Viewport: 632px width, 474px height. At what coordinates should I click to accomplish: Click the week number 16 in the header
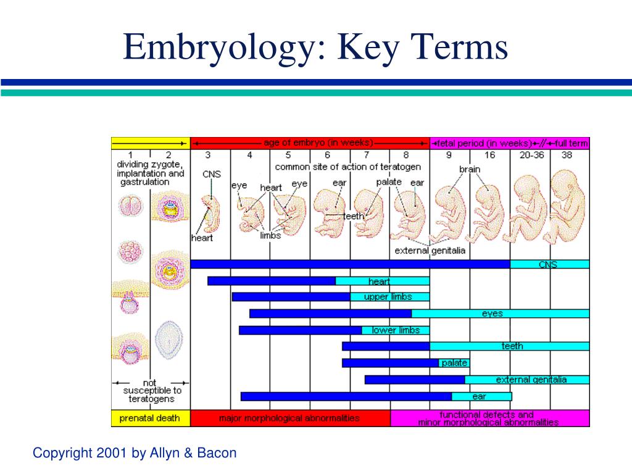pos(489,155)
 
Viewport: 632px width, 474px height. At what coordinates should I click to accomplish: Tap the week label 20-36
pos(531,155)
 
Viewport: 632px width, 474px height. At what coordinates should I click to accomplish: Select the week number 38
pos(567,155)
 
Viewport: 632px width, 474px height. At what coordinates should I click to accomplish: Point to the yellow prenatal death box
pos(151,418)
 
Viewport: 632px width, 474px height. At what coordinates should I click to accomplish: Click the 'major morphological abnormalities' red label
pos(289,418)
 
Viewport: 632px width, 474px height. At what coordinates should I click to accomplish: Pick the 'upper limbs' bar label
pos(388,297)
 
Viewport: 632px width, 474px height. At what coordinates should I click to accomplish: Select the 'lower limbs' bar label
pos(396,331)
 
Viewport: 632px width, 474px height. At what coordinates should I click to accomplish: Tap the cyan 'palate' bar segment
pos(454,363)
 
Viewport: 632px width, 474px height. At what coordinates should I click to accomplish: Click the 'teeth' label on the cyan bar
pos(512,346)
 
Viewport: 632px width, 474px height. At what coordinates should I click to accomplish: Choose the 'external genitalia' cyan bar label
pos(531,380)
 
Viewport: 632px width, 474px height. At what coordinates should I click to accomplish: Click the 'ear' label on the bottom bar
pos(479,397)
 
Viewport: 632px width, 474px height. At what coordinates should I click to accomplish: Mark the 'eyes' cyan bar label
pos(492,314)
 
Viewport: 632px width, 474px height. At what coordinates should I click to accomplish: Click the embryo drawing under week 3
pos(211,212)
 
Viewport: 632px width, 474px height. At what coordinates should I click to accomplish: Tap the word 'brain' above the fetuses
pos(470,169)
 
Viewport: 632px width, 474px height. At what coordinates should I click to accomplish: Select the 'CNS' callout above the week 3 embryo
pos(212,174)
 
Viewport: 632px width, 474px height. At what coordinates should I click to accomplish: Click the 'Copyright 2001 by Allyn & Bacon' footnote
pos(135,453)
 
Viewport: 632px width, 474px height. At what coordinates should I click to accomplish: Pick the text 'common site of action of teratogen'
pos(348,167)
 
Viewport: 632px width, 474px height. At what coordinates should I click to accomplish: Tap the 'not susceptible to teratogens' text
pos(152,391)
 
